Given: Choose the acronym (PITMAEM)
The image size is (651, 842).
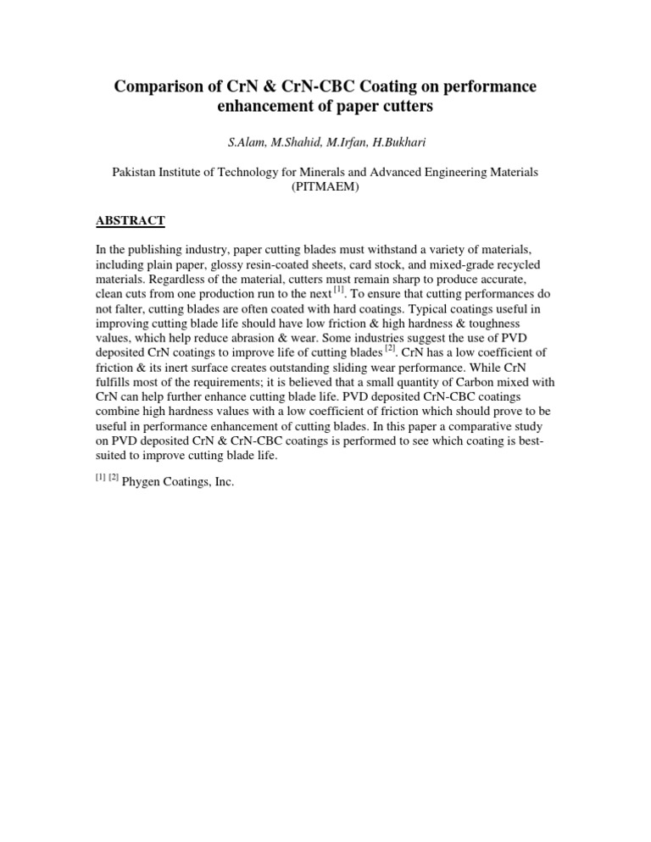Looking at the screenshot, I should tap(325, 186).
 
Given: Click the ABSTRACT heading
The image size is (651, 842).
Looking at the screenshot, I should tap(130, 221).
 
